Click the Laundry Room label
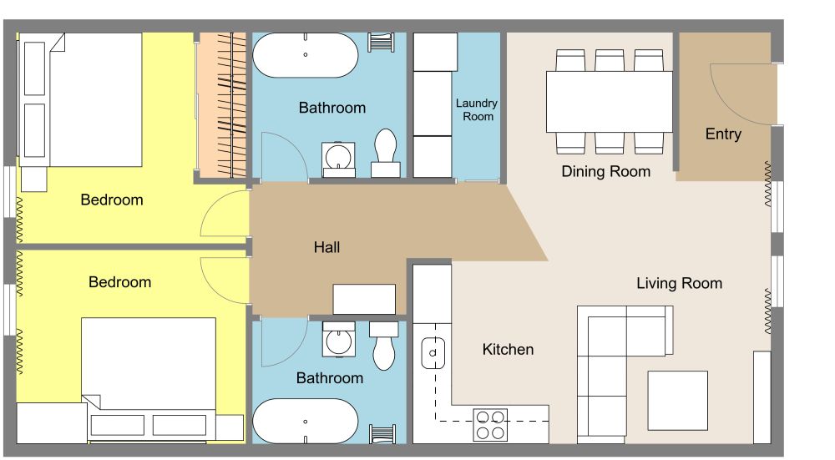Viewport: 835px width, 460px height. [x=476, y=109]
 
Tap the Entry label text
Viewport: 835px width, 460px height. [x=723, y=134]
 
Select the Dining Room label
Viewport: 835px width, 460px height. [x=605, y=171]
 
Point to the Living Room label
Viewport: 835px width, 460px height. [x=679, y=283]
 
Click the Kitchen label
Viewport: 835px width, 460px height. [x=508, y=349]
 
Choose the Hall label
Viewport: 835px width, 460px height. [x=326, y=247]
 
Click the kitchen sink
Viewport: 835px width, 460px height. [x=434, y=352]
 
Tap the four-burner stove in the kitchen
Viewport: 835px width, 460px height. [x=490, y=424]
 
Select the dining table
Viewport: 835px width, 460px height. [x=609, y=101]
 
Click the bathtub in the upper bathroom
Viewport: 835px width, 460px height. [x=306, y=55]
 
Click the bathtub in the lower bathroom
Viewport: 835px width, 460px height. [x=306, y=421]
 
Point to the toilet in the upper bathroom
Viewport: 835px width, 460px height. [x=386, y=153]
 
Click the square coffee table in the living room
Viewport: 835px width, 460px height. [x=677, y=399]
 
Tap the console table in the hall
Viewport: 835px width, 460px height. [x=364, y=298]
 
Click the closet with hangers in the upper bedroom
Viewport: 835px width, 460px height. [x=221, y=104]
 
